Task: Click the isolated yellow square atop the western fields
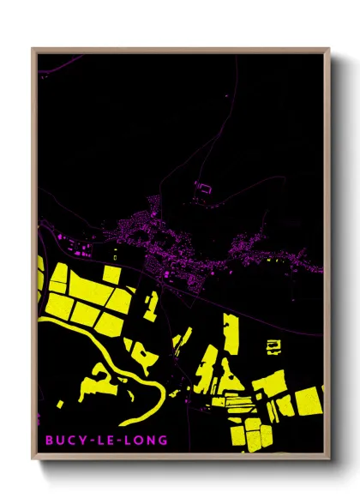[x=112, y=274]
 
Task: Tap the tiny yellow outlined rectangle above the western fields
[x=117, y=255]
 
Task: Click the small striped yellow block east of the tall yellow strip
[x=273, y=346]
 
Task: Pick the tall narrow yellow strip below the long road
[x=231, y=334]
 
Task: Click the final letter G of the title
[x=163, y=441]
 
